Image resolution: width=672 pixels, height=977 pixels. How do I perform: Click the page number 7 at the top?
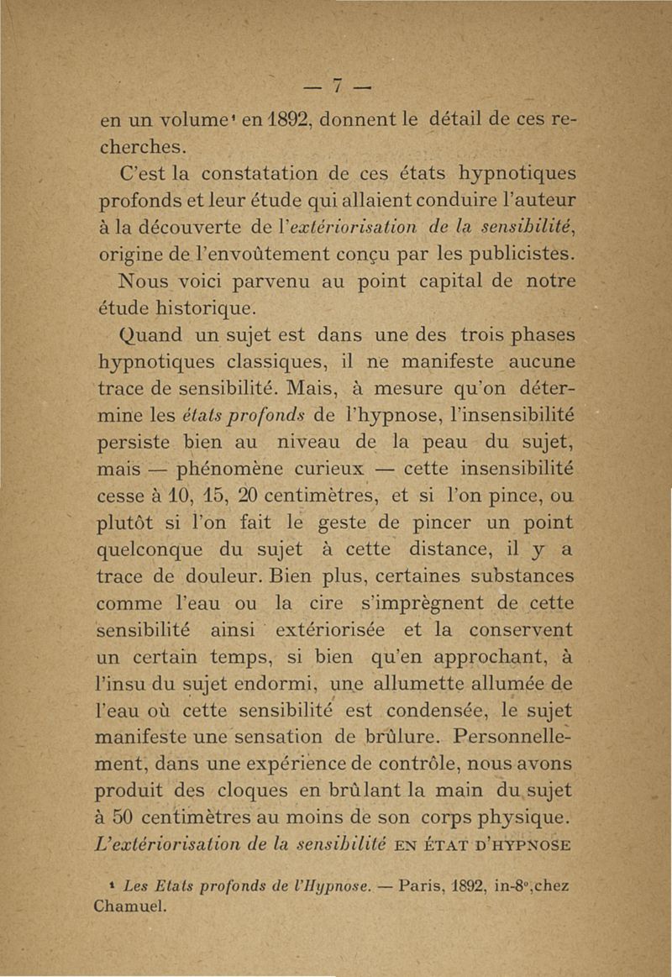point(336,87)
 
